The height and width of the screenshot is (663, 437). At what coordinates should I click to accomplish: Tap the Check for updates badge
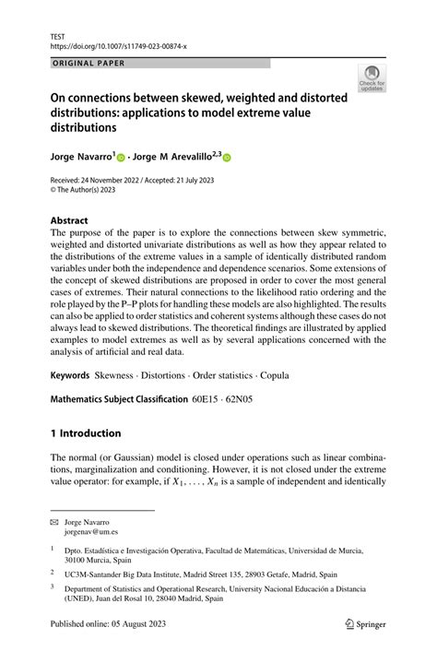pyautogui.click(x=372, y=78)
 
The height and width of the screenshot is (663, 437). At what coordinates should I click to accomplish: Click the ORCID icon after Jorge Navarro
pyautogui.click(x=121, y=158)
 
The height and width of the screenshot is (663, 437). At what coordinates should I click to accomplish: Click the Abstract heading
pyautogui.click(x=70, y=222)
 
